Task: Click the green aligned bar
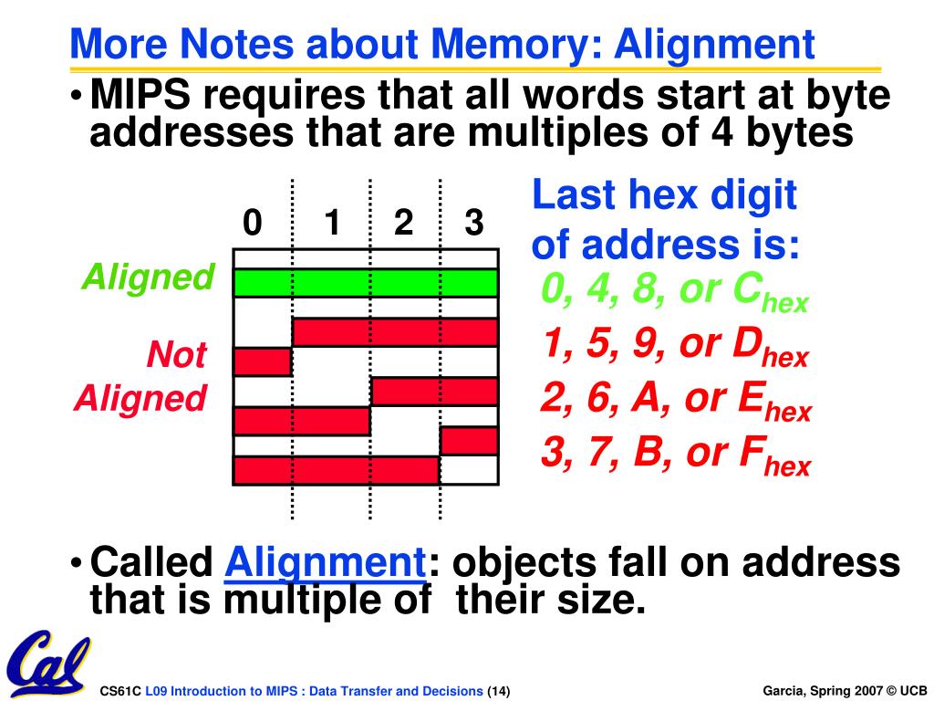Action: point(365,283)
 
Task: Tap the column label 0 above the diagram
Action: point(253,223)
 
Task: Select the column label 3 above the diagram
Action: point(473,223)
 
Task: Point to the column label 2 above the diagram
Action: point(403,223)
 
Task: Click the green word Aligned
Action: point(148,277)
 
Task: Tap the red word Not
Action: point(176,355)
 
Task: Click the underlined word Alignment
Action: point(326,562)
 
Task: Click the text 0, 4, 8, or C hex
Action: point(674,292)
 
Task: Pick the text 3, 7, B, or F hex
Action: point(675,455)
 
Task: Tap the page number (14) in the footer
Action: point(499,690)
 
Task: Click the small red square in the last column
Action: point(468,441)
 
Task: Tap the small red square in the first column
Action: point(263,362)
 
